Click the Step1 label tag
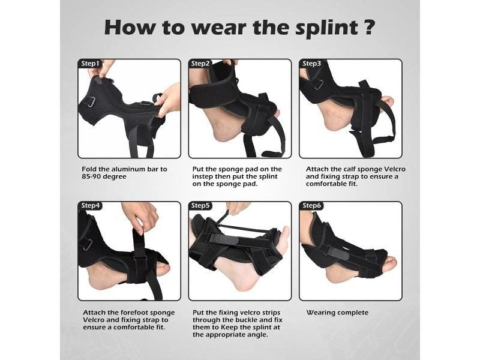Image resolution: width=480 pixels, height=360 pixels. point(91,63)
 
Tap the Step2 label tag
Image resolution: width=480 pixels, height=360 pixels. point(200,63)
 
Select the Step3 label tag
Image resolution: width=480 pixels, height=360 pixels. point(311,63)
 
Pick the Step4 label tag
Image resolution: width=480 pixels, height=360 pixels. point(91,206)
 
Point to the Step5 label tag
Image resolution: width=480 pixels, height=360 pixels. point(200,206)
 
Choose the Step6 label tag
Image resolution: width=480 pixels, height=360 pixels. point(311,206)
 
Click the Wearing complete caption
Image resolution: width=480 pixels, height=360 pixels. point(337,313)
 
